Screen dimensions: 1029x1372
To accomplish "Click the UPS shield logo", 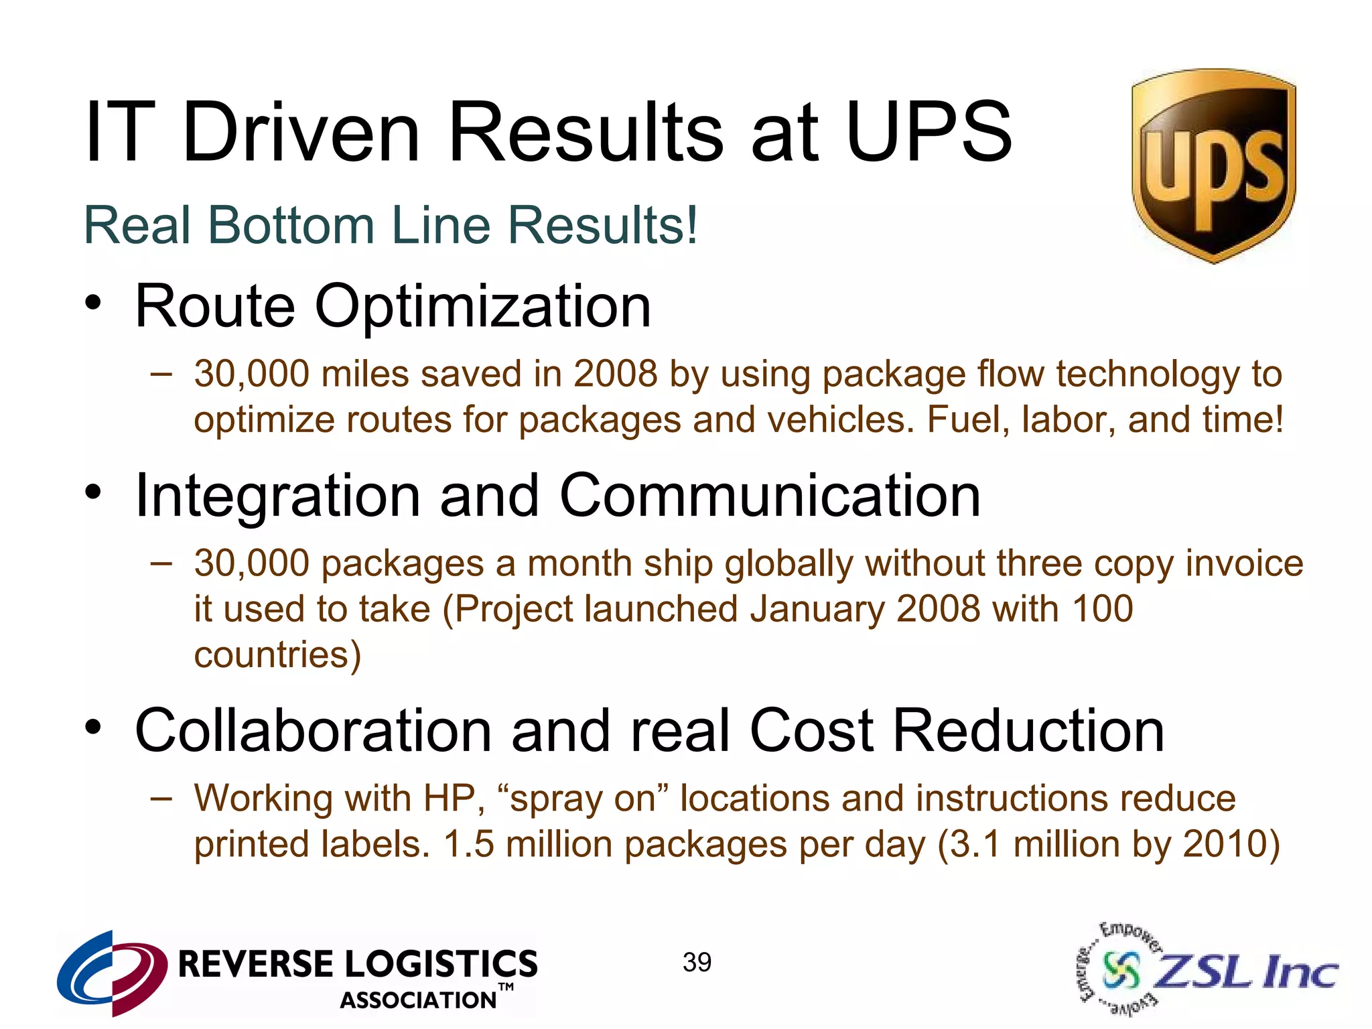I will click(x=1213, y=165).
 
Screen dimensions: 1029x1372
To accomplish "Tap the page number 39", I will click(x=697, y=963).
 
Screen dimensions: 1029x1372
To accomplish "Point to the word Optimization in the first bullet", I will click(x=482, y=307).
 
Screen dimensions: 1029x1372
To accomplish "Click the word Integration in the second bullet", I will click(x=277, y=496).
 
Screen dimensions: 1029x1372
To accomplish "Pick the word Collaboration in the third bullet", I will click(x=314, y=731).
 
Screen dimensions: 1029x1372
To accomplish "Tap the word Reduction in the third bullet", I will click(x=1028, y=731).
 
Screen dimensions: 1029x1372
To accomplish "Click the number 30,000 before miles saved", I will click(x=251, y=374).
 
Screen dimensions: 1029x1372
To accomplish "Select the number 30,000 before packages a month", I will click(x=251, y=563).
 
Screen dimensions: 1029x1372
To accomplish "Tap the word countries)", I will click(x=277, y=655).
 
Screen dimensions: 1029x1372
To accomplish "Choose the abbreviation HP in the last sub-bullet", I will click(x=454, y=799).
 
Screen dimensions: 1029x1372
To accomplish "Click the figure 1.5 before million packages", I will click(x=468, y=844).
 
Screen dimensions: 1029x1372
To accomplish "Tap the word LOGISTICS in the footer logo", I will click(x=441, y=964).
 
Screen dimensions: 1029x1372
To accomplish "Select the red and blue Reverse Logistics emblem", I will click(x=113, y=972).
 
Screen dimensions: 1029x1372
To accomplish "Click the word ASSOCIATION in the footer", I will click(x=418, y=1000).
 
